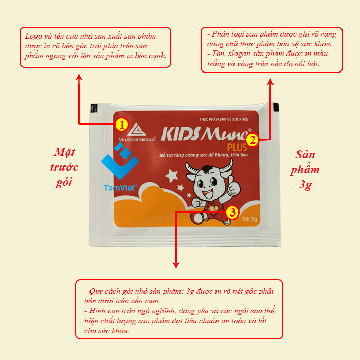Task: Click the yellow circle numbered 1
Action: pyautogui.click(x=122, y=124)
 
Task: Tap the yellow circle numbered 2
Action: pyautogui.click(x=253, y=140)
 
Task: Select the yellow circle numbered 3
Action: pyautogui.click(x=232, y=212)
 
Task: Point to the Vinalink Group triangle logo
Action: pyautogui.click(x=136, y=130)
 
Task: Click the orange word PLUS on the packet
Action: pyautogui.click(x=237, y=148)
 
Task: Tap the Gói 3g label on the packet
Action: pyautogui.click(x=249, y=219)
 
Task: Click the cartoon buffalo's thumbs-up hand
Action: pyautogui.click(x=233, y=186)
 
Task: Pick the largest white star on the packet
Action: pyautogui.click(x=171, y=176)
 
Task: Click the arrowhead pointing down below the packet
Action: pyautogui.click(x=176, y=266)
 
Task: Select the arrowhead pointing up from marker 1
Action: pyautogui.click(x=79, y=77)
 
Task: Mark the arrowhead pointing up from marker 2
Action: pyautogui.click(x=271, y=82)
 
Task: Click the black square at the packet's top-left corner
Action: pyautogui.click(x=94, y=108)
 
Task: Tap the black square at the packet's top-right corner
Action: pyautogui.click(x=276, y=106)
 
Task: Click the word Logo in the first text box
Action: pyautogui.click(x=33, y=37)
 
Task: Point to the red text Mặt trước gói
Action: pyautogui.click(x=64, y=167)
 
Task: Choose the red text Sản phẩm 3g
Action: pyautogui.click(x=305, y=169)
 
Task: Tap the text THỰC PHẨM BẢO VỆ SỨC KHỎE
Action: pyautogui.click(x=224, y=119)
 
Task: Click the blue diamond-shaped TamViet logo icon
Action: pyautogui.click(x=120, y=161)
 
